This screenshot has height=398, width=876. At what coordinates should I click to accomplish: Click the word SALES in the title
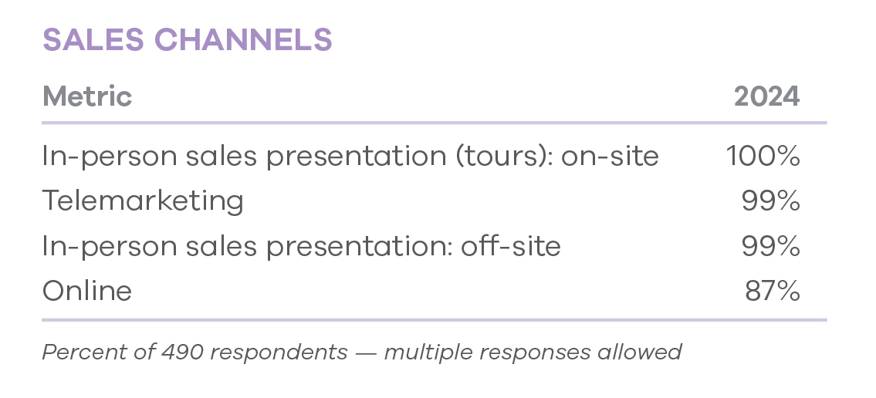[x=93, y=39]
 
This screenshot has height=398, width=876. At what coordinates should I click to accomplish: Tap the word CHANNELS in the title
[x=243, y=39]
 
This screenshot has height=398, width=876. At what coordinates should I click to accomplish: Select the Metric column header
[x=87, y=96]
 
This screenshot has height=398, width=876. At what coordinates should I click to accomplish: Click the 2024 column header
[x=766, y=96]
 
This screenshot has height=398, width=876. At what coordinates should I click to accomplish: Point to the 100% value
[x=763, y=156]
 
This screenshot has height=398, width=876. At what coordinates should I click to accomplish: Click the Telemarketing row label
[x=143, y=201]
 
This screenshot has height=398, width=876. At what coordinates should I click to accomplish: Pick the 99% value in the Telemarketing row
[x=771, y=201]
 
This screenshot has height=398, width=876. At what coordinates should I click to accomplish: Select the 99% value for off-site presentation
[x=771, y=245]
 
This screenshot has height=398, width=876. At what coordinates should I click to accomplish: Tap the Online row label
[x=87, y=291]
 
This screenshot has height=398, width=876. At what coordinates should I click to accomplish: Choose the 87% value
[x=773, y=291]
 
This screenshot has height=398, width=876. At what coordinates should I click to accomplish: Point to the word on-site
[x=610, y=157]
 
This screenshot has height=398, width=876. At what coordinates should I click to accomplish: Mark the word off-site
[x=511, y=245]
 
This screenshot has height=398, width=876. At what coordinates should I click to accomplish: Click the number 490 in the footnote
[x=183, y=352]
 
